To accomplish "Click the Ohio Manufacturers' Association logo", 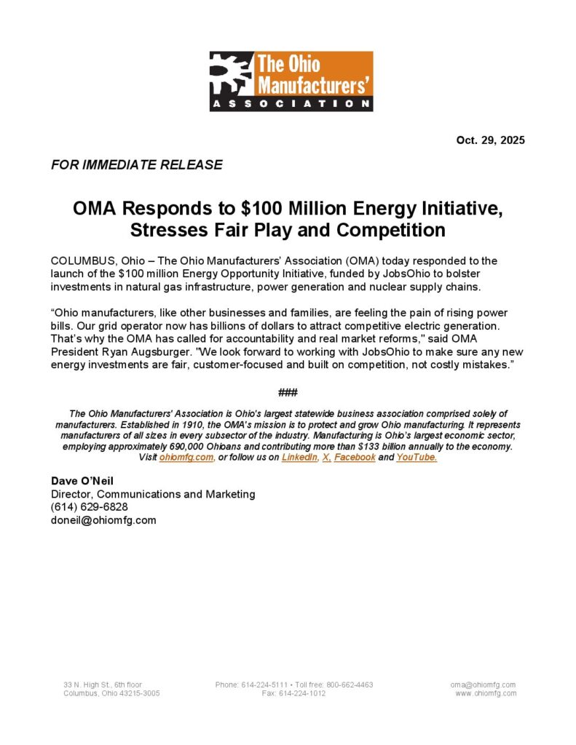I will click(x=291, y=81).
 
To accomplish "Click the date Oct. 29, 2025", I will click(x=490, y=140).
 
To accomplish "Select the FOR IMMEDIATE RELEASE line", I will click(x=136, y=164).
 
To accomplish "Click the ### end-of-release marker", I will click(x=288, y=393).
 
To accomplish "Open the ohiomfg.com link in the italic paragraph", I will click(x=186, y=458).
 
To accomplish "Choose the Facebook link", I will click(x=355, y=458).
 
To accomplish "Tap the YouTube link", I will click(x=417, y=458).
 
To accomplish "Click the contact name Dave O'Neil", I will click(x=82, y=480).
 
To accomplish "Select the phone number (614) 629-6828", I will click(x=90, y=506).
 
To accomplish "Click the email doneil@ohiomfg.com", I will click(x=103, y=519).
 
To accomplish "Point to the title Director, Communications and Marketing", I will click(x=153, y=493).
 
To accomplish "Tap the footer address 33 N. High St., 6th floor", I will click(x=103, y=685).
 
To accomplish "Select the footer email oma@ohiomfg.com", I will click(x=483, y=685).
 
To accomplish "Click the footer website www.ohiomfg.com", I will click(x=486, y=693).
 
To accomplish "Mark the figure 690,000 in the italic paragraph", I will click(x=210, y=446).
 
